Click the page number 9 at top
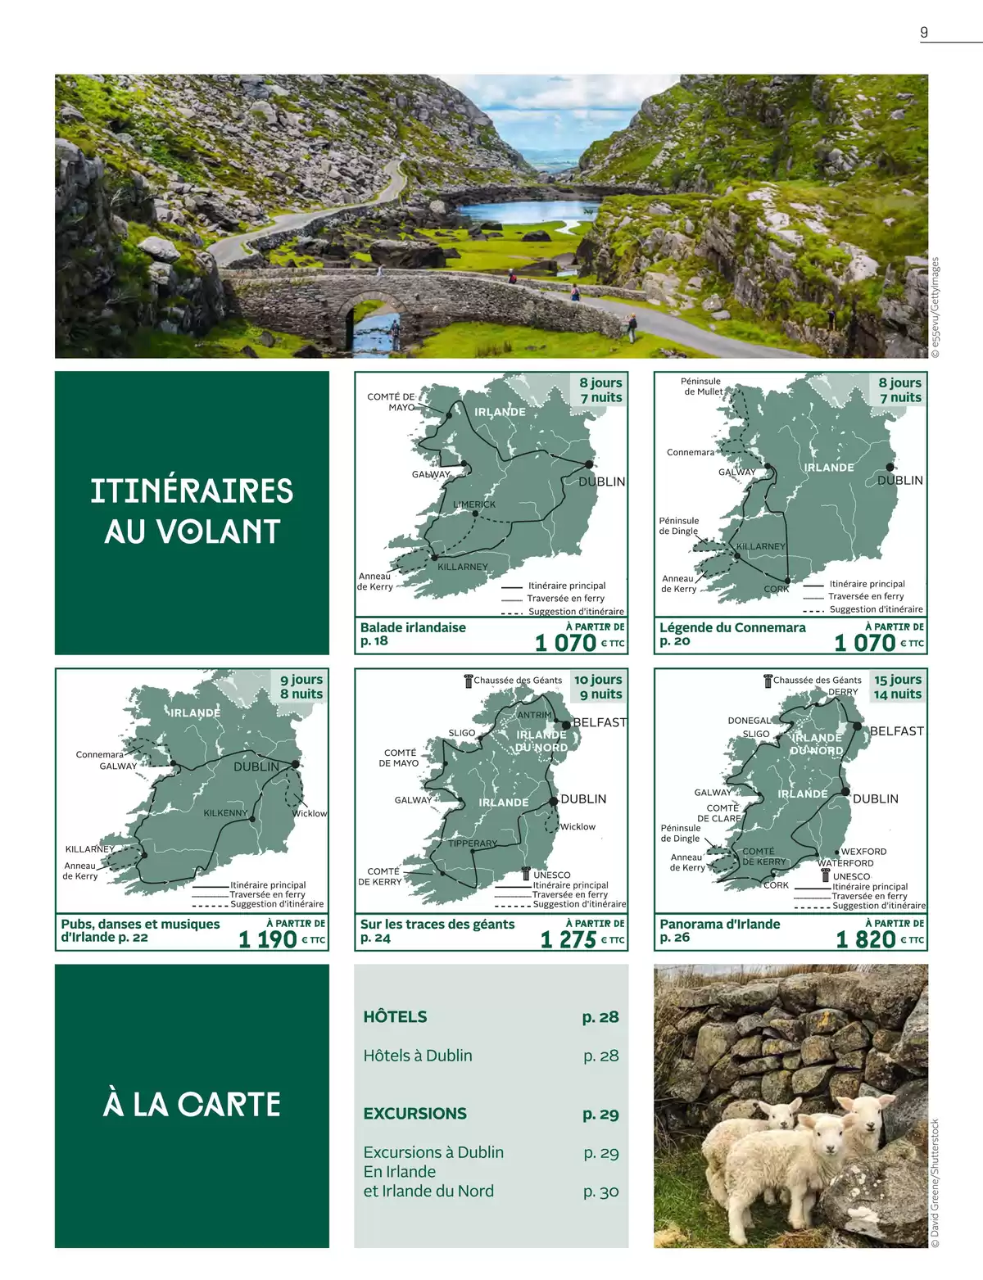click(924, 33)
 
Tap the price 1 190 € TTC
click(281, 939)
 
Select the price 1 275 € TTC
click(582, 939)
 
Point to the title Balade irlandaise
click(413, 627)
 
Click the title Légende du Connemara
click(732, 627)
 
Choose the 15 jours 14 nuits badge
click(897, 687)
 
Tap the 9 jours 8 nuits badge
click(301, 686)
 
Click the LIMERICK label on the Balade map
click(474, 504)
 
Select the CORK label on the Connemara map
click(776, 589)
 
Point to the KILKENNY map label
click(225, 813)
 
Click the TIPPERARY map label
click(473, 844)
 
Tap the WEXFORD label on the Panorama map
click(863, 852)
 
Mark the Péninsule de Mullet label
click(702, 387)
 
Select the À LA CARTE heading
click(192, 1105)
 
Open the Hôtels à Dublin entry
click(418, 1056)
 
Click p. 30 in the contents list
click(600, 1192)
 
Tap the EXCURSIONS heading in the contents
click(415, 1114)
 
